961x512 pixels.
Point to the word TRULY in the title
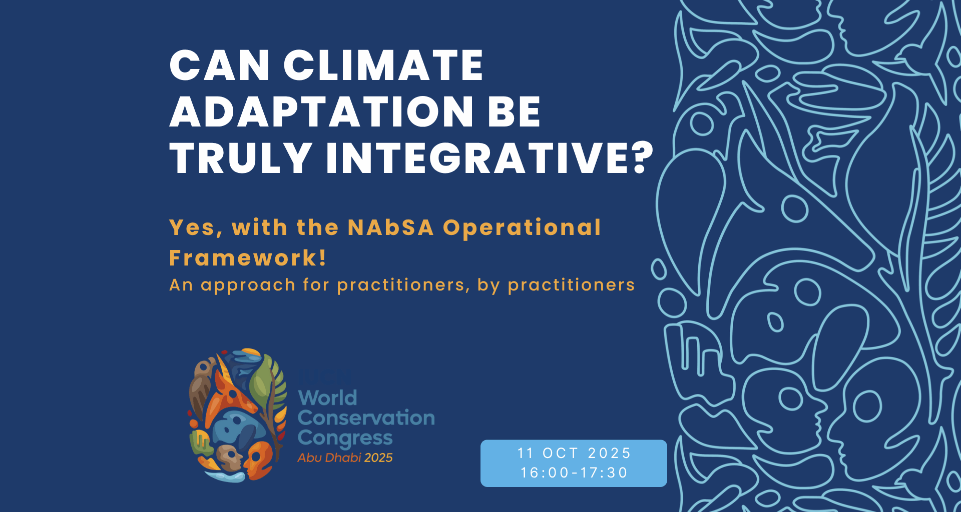tap(241, 158)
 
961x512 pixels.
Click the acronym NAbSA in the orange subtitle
tap(390, 227)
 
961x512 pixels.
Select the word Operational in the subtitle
tap(522, 227)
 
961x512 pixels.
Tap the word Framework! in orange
tap(248, 258)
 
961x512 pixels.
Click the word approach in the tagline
tap(248, 285)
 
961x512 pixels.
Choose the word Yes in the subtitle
tap(193, 227)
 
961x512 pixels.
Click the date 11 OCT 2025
tap(574, 453)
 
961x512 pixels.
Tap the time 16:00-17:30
tap(574, 472)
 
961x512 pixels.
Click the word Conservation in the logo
tap(366, 418)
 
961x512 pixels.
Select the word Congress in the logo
tap(345, 438)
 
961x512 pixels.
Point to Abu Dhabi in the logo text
tap(329, 457)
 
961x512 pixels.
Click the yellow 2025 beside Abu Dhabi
tap(378, 457)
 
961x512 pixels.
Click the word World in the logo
tap(327, 398)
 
